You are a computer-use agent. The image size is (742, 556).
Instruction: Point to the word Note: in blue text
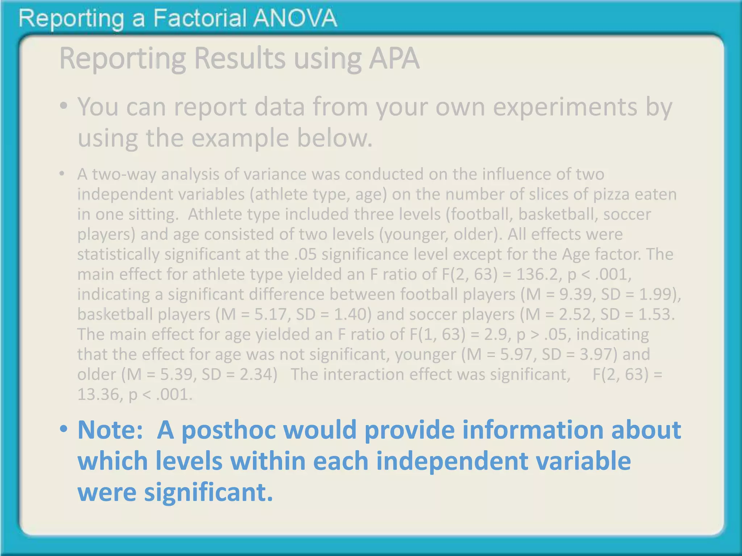(110, 430)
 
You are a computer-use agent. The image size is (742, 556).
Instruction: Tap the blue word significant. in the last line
(208, 492)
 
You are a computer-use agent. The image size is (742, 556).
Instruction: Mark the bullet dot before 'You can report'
(64, 106)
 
